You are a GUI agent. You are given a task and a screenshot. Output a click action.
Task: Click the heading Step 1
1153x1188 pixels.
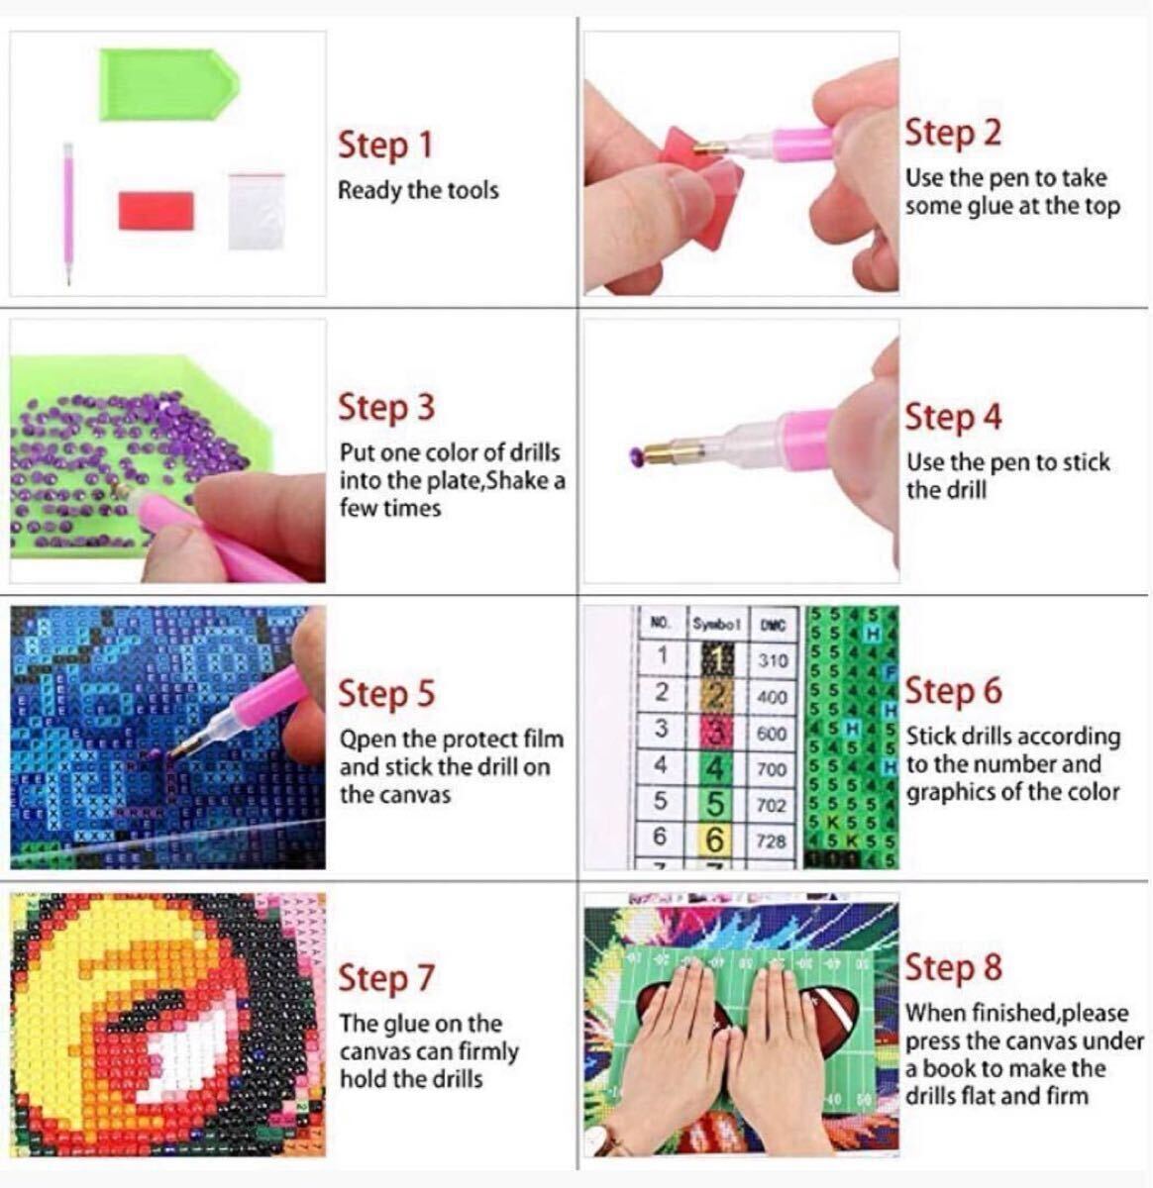(385, 146)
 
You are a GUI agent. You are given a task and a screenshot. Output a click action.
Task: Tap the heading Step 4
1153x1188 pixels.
(953, 418)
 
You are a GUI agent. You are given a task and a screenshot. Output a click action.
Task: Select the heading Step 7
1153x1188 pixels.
(386, 978)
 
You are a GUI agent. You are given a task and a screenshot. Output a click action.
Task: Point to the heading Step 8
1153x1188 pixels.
(953, 967)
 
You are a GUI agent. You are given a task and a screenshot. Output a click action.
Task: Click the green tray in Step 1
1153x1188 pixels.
(169, 84)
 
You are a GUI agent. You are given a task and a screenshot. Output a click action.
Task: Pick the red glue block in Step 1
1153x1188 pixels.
(157, 211)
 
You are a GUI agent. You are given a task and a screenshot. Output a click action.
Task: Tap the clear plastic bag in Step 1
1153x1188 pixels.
(257, 212)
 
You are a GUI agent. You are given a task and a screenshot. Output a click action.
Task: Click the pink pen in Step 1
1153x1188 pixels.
(67, 214)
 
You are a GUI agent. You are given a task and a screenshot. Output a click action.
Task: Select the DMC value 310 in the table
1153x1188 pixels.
(774, 660)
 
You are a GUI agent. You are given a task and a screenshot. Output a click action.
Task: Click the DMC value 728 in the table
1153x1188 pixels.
(771, 841)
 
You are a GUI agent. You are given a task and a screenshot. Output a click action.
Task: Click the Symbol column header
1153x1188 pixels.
(716, 625)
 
